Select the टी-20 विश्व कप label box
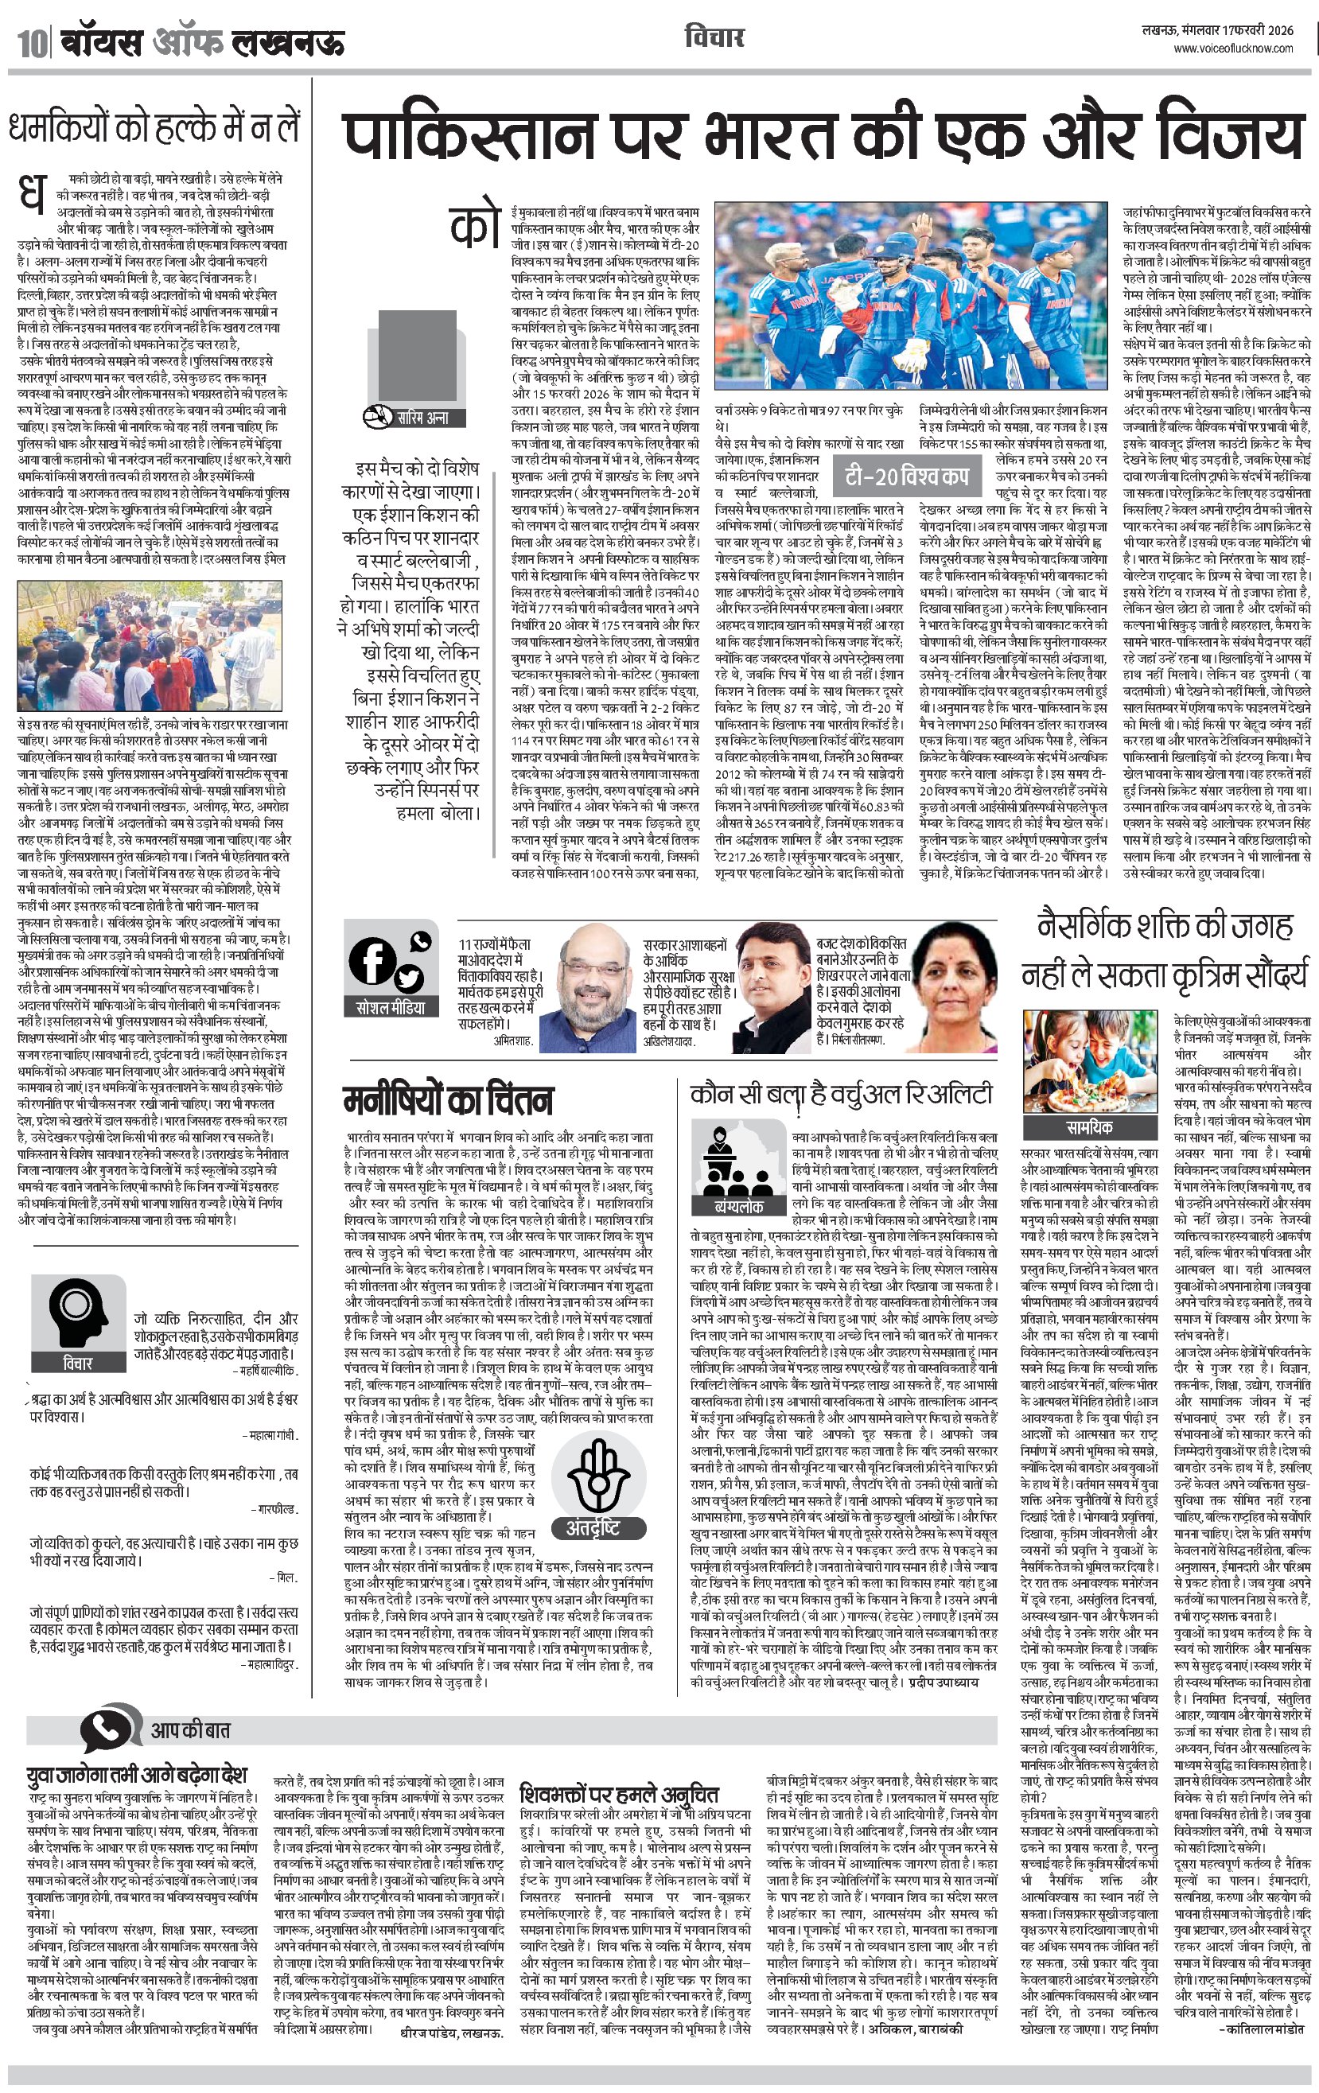click(906, 476)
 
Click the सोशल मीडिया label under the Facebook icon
click(391, 1008)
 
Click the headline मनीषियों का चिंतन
click(447, 1100)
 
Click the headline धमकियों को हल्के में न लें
click(154, 128)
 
